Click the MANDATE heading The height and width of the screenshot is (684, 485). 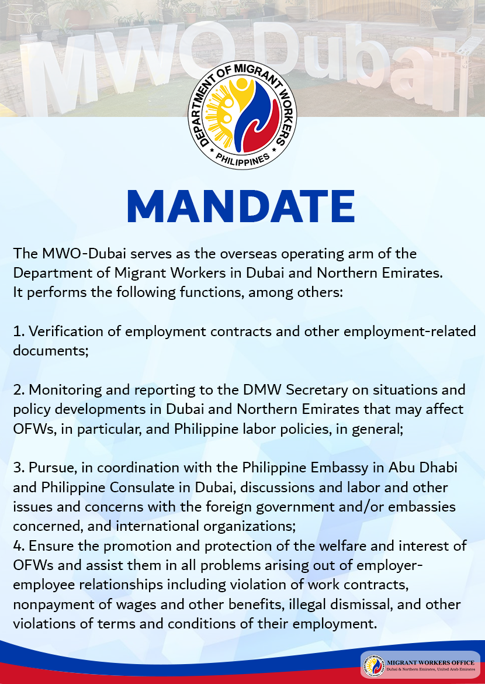coord(241,207)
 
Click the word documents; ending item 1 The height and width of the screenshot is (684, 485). coord(51,351)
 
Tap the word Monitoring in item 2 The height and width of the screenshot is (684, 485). coord(65,390)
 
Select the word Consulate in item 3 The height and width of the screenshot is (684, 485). coord(140,487)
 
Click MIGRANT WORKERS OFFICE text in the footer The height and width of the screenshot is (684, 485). coord(431,662)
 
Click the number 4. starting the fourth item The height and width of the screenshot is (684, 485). coord(19,546)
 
